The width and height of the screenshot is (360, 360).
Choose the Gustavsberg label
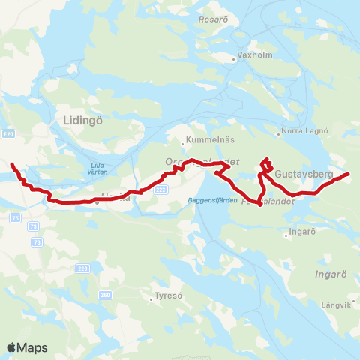click(304, 174)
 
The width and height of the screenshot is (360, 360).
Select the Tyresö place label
click(168, 295)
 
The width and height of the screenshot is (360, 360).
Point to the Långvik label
click(335, 304)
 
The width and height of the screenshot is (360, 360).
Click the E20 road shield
click(8, 134)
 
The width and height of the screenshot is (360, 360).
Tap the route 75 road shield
click(16, 217)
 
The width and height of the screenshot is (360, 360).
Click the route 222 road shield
click(160, 190)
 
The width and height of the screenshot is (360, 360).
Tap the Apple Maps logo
click(27, 347)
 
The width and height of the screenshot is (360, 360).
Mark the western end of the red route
click(11, 163)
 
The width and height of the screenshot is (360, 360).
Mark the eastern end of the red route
click(349, 175)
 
